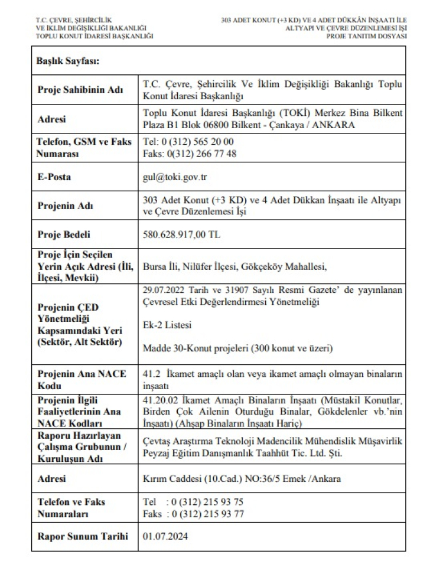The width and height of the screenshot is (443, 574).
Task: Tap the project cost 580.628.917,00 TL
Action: pos(182,234)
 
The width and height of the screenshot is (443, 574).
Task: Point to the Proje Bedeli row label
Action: pos(64,234)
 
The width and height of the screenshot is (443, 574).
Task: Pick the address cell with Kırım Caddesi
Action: pos(242,479)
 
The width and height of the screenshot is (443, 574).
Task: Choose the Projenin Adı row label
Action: pos(64,206)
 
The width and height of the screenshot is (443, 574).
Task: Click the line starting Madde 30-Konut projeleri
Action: pos(237,348)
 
